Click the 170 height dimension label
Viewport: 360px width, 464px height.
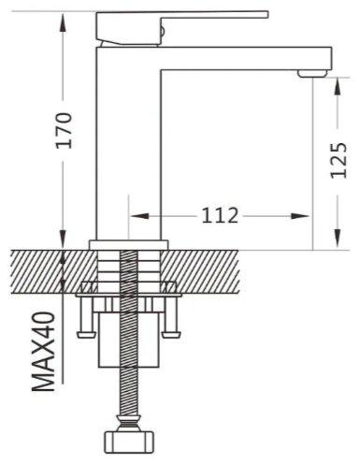point(64,130)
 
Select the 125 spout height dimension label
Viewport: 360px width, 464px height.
point(338,160)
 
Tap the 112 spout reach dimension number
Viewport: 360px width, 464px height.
point(220,215)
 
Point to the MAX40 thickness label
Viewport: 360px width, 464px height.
point(43,352)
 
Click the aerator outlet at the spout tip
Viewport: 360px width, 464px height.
point(312,74)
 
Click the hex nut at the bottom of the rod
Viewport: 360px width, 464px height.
point(128,442)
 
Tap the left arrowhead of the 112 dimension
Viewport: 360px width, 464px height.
point(139,216)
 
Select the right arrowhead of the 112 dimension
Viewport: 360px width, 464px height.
point(300,216)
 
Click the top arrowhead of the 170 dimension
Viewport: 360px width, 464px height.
point(63,22)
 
